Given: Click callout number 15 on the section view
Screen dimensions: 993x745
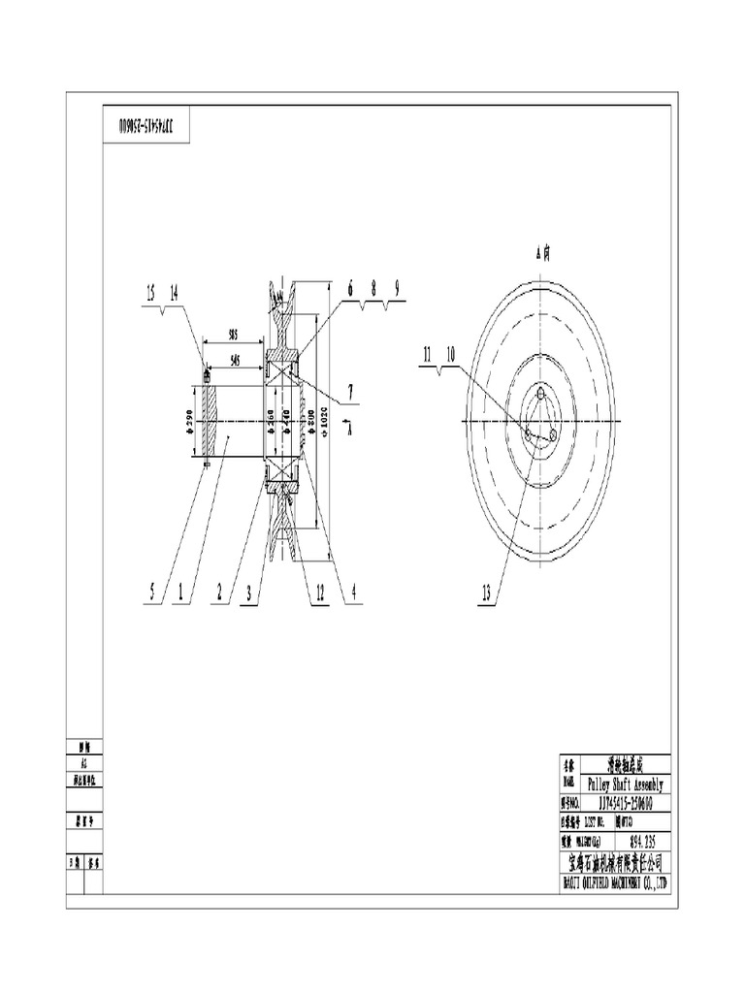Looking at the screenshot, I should coord(150,292).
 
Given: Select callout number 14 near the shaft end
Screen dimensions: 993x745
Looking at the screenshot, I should coord(174,292).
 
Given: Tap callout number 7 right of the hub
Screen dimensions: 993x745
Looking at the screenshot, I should coord(350,393).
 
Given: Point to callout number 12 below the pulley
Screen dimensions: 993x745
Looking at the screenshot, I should coord(319,591).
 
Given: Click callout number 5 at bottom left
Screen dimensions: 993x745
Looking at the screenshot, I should coord(151,591).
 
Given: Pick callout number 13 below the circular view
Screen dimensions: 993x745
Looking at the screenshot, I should coord(486,591).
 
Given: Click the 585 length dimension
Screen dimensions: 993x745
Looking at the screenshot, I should coord(234,333).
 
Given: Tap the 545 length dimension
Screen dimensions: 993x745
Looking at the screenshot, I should coord(235,359).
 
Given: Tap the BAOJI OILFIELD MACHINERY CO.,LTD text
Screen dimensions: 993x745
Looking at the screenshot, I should coord(614,882).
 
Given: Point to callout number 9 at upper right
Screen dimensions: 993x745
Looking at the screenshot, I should coord(397,287).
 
